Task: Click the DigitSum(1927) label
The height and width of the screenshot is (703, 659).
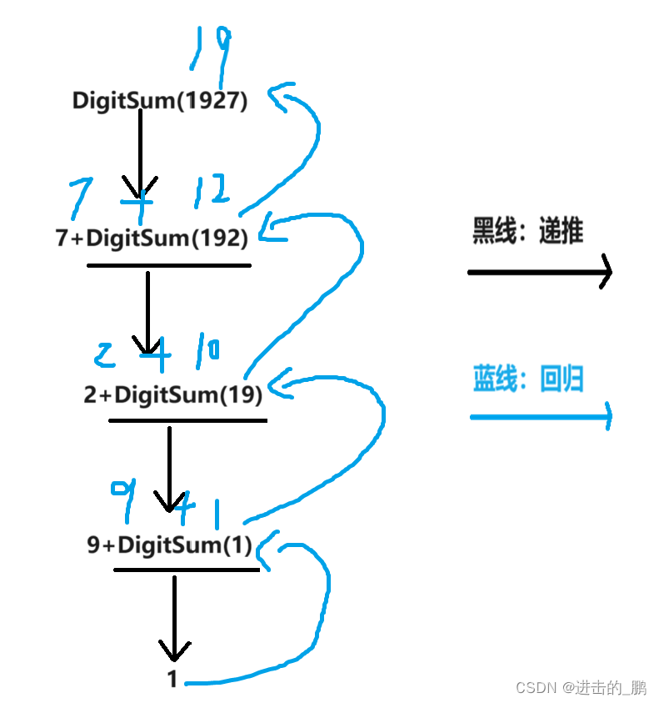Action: [x=160, y=101]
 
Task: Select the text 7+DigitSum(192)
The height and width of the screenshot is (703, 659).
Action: [x=152, y=239]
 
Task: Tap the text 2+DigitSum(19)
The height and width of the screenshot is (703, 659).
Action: [x=173, y=394]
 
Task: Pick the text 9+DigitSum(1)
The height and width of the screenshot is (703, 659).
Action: [x=169, y=545]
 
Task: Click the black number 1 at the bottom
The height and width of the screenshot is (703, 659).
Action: [x=172, y=680]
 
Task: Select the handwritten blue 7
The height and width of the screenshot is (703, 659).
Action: [x=79, y=198]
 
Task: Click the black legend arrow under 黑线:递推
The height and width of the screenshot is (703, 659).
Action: [x=540, y=271]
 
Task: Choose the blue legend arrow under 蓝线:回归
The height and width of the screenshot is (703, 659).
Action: [x=541, y=415]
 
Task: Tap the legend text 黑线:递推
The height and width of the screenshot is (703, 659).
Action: [x=528, y=230]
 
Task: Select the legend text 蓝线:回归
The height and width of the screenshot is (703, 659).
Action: [x=528, y=379]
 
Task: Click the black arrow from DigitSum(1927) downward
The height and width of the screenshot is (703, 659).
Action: [x=140, y=154]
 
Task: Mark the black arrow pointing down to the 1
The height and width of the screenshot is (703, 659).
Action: [x=174, y=617]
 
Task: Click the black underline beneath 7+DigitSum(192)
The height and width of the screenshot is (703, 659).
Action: [x=168, y=265]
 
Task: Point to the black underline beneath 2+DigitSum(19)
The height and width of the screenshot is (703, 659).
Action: [x=187, y=420]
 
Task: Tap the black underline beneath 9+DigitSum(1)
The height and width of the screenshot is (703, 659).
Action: [x=187, y=570]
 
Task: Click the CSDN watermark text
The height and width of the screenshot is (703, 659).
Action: [x=581, y=687]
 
